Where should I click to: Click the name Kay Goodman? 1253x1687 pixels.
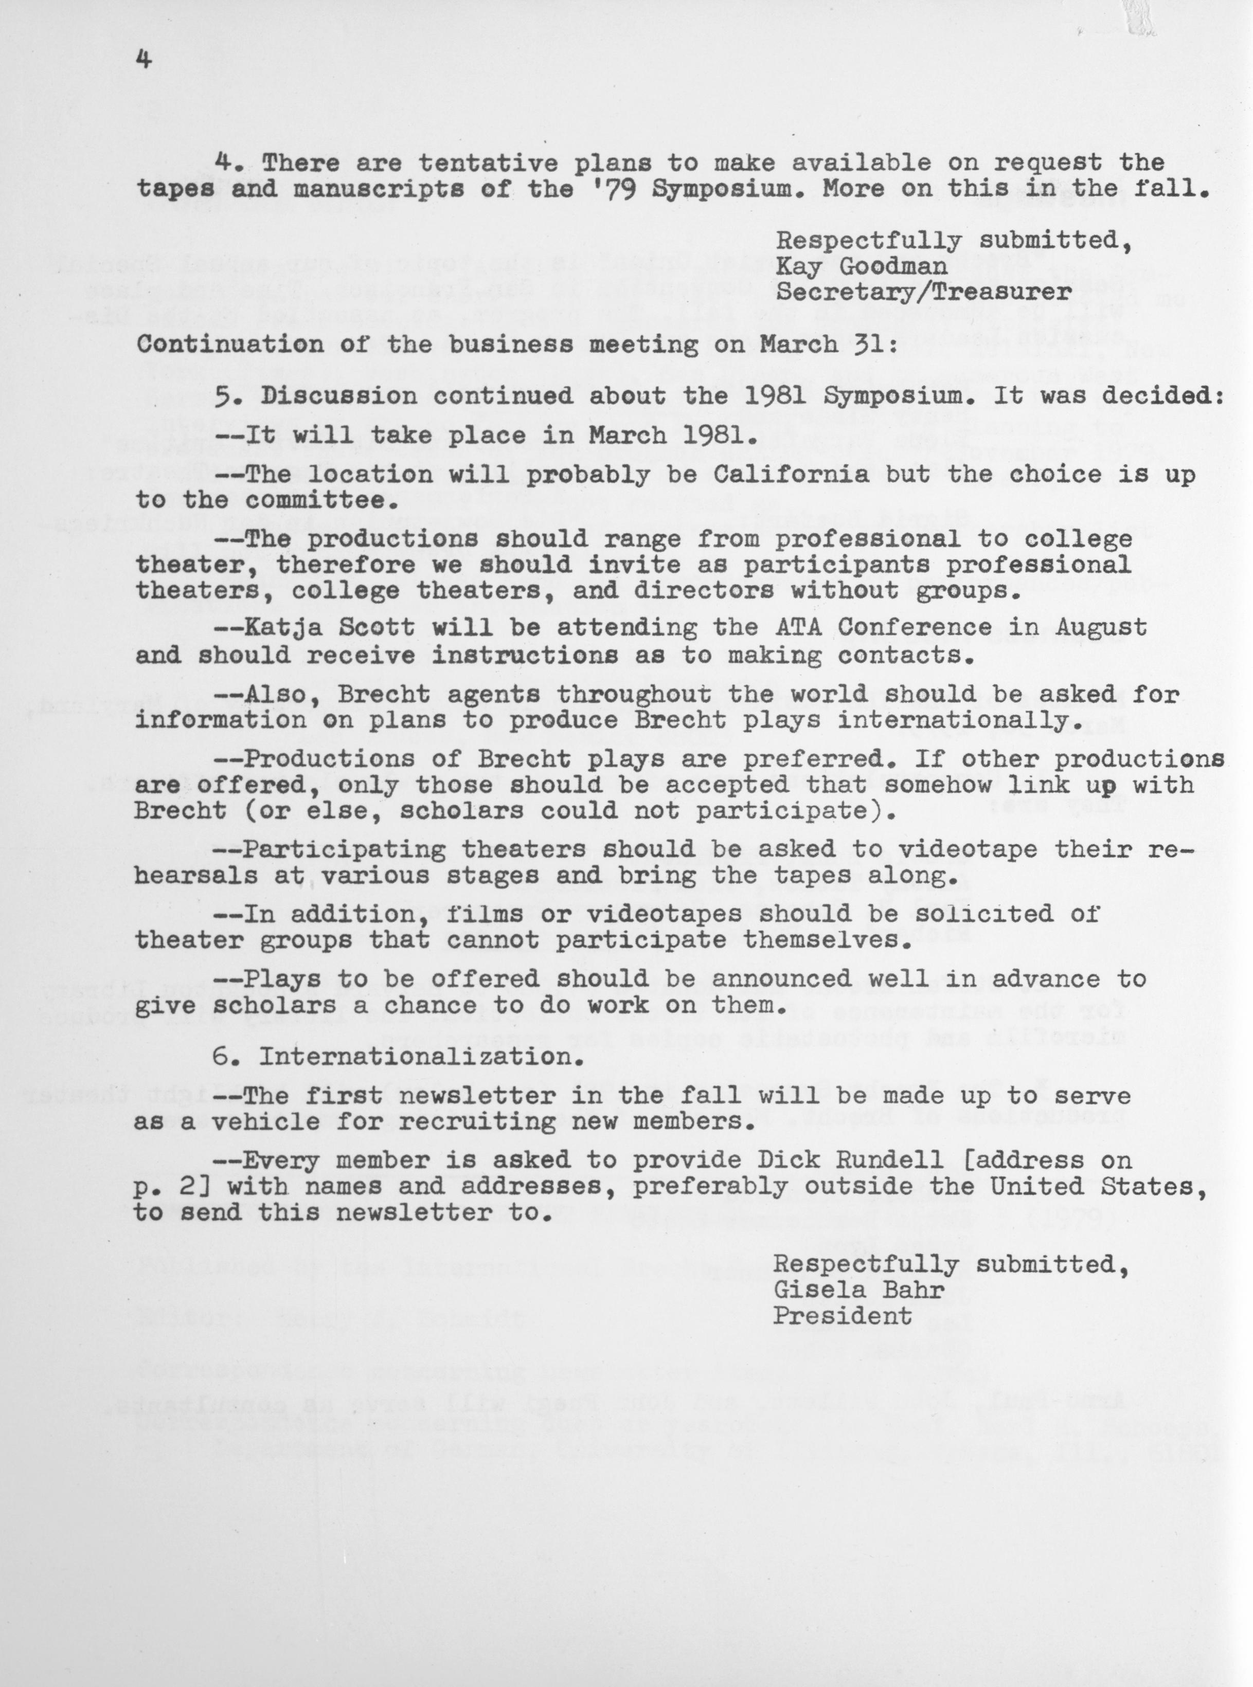(x=861, y=266)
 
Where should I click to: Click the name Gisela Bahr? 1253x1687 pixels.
(x=858, y=1290)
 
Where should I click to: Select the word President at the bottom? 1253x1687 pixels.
(x=842, y=1315)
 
